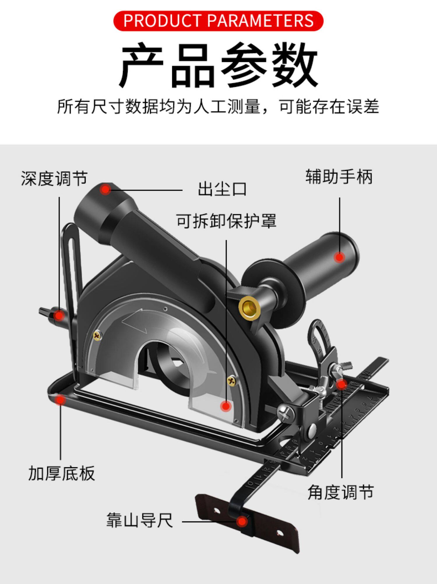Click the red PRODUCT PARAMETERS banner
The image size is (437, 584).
click(x=218, y=21)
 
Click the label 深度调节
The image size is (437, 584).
click(x=54, y=178)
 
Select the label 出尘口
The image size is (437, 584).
click(x=222, y=189)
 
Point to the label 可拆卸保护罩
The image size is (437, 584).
click(x=226, y=221)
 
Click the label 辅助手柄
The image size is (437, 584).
click(x=339, y=177)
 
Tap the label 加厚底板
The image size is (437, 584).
click(x=62, y=473)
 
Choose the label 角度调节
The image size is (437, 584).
click(x=341, y=492)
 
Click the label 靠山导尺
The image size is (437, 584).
click(x=140, y=520)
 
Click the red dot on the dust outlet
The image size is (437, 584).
click(x=105, y=190)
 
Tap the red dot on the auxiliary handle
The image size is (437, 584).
click(x=339, y=257)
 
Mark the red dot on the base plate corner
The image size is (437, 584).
click(x=60, y=400)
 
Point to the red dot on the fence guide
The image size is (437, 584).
click(x=242, y=521)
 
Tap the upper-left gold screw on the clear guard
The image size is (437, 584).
click(x=97, y=336)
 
